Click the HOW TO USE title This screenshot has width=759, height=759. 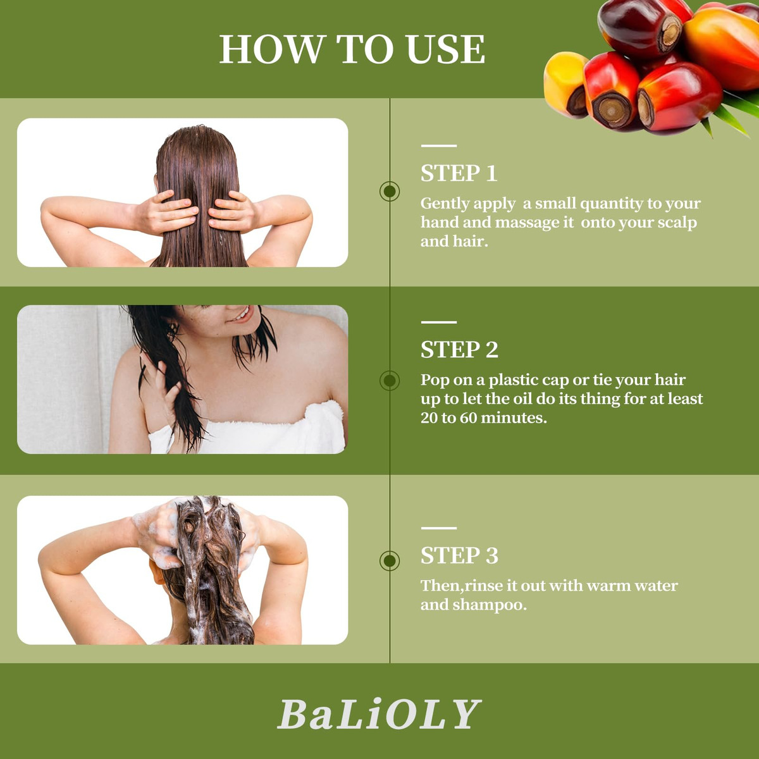(352, 49)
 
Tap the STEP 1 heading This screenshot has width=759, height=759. (459, 173)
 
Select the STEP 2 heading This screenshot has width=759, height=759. (459, 350)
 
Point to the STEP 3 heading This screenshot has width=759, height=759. (459, 556)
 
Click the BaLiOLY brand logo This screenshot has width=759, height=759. (379, 715)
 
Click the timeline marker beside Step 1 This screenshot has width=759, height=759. (390, 192)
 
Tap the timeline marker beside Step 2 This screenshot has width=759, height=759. (390, 381)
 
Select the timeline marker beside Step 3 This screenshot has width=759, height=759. (390, 560)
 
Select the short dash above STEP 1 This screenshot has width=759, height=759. (438, 145)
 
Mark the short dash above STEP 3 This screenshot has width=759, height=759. (438, 528)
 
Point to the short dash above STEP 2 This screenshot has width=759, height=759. (438, 322)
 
